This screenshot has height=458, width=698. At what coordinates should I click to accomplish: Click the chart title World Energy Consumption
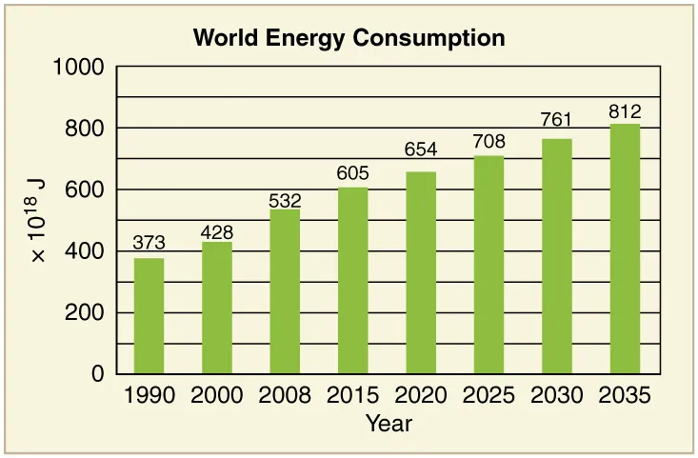point(349,38)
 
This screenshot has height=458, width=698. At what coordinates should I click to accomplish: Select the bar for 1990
point(149,316)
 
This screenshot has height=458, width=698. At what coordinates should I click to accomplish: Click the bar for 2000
point(217,308)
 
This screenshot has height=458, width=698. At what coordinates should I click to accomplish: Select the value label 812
point(625,110)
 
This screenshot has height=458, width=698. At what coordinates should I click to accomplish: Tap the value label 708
point(489,142)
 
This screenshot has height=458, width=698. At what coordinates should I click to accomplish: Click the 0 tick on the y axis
point(96,375)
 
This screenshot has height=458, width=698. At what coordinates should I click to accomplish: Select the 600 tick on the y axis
point(85,190)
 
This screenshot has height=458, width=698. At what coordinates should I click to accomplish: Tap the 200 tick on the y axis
point(85,313)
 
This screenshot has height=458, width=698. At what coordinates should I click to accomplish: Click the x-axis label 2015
point(352,395)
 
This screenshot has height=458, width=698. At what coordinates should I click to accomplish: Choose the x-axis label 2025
point(489,395)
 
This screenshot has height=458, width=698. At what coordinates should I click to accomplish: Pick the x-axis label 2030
point(557,395)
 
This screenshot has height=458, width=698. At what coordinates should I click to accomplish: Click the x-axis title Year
point(389,423)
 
